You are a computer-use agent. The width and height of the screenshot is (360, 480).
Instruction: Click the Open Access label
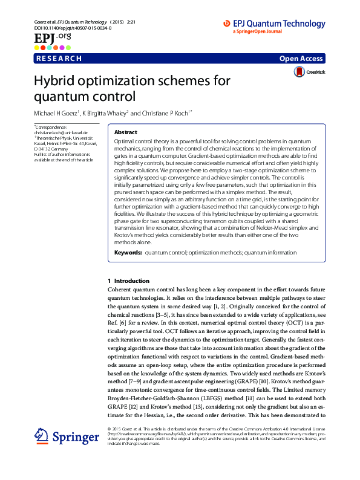[301, 59]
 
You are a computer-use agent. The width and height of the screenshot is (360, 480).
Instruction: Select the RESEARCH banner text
[59, 59]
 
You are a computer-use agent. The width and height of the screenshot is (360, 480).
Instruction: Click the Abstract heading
[125, 132]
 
